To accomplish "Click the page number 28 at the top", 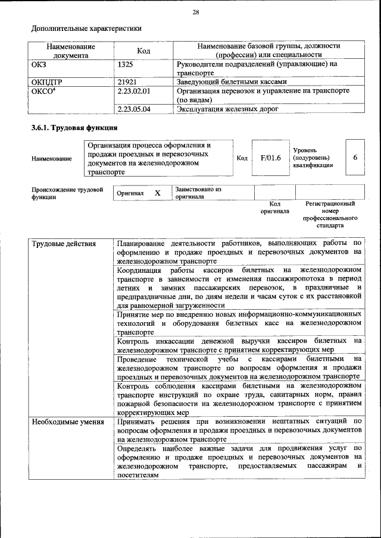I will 196,12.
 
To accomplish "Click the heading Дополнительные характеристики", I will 86,28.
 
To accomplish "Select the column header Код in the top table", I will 143,51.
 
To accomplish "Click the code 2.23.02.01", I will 134,91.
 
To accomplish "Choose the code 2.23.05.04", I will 134,109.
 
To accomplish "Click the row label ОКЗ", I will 39,63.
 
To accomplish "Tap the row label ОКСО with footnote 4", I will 44,91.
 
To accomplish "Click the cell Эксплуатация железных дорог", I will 228,109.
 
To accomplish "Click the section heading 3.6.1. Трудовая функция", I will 74,128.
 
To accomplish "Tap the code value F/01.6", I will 270,158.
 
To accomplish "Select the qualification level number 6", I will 355,158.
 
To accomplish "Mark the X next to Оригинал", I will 157,193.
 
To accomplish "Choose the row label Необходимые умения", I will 64,421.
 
